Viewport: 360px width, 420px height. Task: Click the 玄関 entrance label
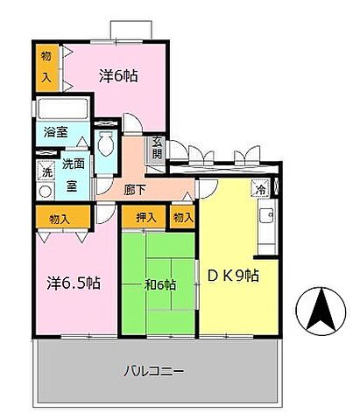156,149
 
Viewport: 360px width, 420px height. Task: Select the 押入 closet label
145,216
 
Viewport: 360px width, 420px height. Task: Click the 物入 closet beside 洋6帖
46,67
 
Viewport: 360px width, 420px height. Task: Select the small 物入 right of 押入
182,216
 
